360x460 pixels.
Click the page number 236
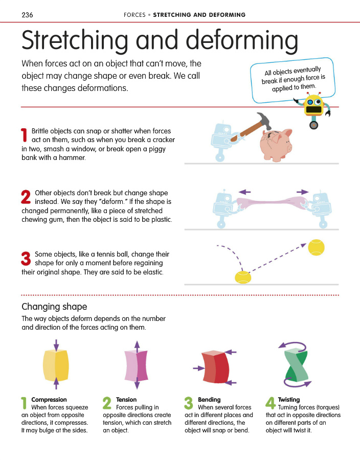(27, 15)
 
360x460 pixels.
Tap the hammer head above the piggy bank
(264, 120)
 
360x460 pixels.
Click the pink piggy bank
(276, 145)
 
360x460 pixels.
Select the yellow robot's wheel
(313, 125)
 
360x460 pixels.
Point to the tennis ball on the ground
(243, 277)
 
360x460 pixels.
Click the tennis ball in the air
(316, 247)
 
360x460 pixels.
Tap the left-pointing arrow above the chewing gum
(245, 192)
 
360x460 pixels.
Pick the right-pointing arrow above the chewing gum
(303, 192)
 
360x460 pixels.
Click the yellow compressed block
(56, 365)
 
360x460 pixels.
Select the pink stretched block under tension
(137, 365)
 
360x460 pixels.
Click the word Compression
(49, 400)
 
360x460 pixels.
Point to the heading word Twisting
(289, 400)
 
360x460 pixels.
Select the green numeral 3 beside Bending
(189, 403)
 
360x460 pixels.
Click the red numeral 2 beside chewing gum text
(26, 197)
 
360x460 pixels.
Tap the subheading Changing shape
(54, 307)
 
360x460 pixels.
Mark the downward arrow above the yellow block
(56, 344)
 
